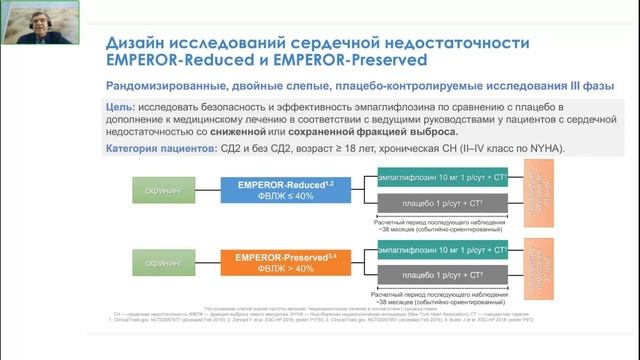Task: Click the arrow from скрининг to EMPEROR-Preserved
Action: pos(216,263)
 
